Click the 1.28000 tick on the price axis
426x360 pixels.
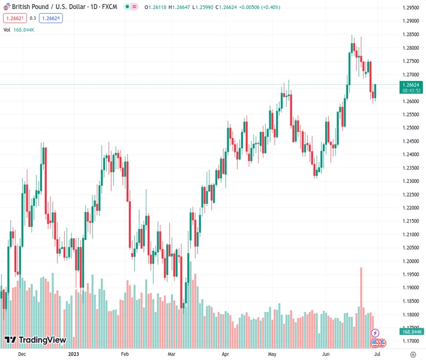pos(411,48)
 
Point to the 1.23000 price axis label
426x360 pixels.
pos(411,181)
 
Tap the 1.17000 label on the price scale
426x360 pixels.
pos(411,341)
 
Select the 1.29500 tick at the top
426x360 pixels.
pos(411,8)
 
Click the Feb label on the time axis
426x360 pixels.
pos(125,354)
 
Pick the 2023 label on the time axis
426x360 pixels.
pos(73,354)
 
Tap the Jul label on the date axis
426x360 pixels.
pos(377,354)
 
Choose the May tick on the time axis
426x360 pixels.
pos(272,354)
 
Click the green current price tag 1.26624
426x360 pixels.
pos(411,85)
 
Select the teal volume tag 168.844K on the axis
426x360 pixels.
pos(412,331)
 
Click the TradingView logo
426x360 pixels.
pos(35,340)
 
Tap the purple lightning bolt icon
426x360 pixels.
pos(375,333)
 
